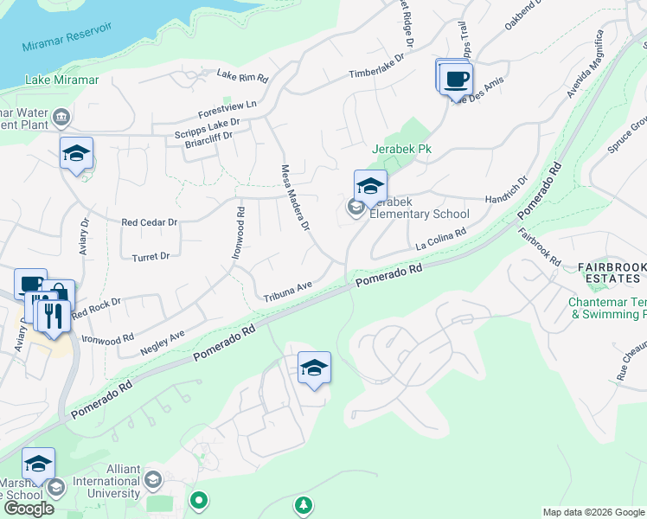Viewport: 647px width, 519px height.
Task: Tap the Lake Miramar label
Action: click(61, 80)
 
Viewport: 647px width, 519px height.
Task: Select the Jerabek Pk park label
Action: click(401, 149)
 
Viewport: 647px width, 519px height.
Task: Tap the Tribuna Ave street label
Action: click(287, 292)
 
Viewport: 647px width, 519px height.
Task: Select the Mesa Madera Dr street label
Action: click(294, 199)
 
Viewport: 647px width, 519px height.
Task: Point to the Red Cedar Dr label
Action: click(149, 222)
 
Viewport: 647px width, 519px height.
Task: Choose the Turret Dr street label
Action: click(151, 256)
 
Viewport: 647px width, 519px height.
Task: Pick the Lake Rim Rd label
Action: click(242, 76)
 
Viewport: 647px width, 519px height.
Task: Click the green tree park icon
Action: click(303, 503)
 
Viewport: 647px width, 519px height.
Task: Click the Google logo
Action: click(29, 509)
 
